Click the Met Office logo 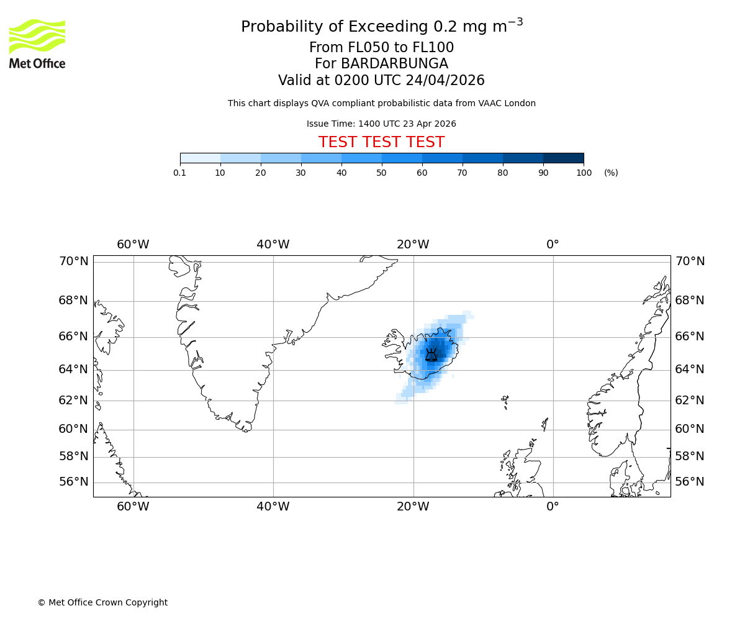click(x=37, y=43)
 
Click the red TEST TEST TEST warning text click(x=381, y=142)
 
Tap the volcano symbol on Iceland click(x=431, y=355)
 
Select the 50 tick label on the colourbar click(x=382, y=173)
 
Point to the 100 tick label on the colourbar click(x=584, y=173)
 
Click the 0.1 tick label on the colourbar click(x=180, y=173)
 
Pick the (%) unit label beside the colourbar click(x=611, y=173)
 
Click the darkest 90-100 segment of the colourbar click(x=563, y=158)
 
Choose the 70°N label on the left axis click(x=73, y=261)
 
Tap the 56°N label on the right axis click(x=690, y=482)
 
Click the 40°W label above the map click(x=273, y=245)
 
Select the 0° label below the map click(x=553, y=507)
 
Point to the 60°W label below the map click(x=133, y=507)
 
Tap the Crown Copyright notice click(x=102, y=602)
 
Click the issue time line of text click(x=381, y=124)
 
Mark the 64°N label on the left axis click(x=73, y=369)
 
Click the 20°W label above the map click(x=413, y=245)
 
